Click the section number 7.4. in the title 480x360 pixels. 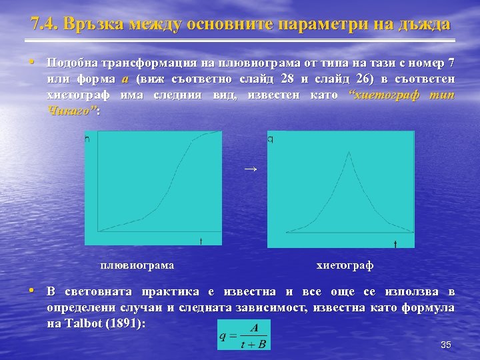[x=45, y=25]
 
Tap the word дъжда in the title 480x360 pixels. [x=423, y=25]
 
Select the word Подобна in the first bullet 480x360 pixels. [x=71, y=63]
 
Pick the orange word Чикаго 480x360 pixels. [x=71, y=111]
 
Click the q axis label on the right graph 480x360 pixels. [x=270, y=139]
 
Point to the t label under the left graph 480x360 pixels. [x=201, y=240]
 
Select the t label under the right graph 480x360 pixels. [x=395, y=244]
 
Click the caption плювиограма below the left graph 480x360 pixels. [x=137, y=265]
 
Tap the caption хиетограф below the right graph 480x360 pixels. [x=345, y=265]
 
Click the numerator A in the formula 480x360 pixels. [x=253, y=327]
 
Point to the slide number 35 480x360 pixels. [x=446, y=345]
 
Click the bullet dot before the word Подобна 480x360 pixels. [x=32, y=62]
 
